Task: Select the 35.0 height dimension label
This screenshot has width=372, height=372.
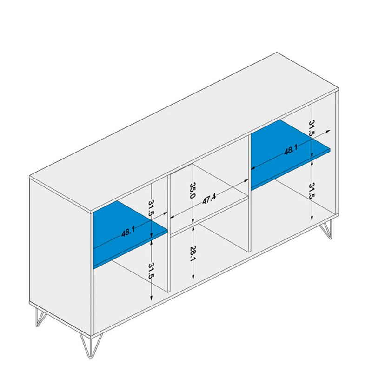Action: click(192, 190)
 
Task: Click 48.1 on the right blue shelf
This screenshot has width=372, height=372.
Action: click(291, 151)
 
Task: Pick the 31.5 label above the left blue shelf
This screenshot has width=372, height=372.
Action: click(151, 208)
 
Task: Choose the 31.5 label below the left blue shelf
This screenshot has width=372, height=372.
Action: click(151, 271)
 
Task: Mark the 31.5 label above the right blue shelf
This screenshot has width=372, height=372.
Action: click(312, 126)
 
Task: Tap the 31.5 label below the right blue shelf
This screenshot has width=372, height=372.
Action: click(312, 190)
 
